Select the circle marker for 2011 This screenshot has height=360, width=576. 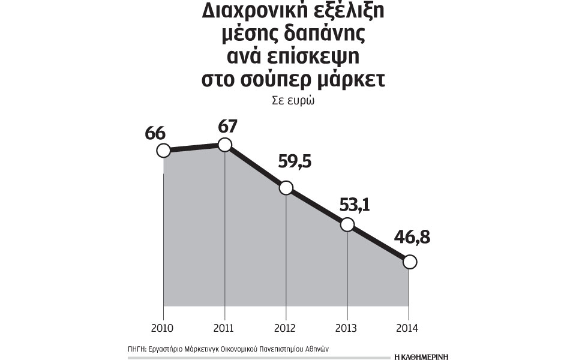pyautogui.click(x=224, y=145)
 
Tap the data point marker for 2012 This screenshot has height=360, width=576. pyautogui.click(x=286, y=188)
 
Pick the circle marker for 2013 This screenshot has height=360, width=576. pyautogui.click(x=347, y=225)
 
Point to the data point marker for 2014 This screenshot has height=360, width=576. pyautogui.click(x=409, y=262)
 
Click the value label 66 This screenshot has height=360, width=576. pyautogui.click(x=155, y=133)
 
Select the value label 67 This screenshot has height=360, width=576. pyautogui.click(x=228, y=127)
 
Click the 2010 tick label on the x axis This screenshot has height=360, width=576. pyautogui.click(x=163, y=328)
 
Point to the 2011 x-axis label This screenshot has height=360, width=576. pyautogui.click(x=224, y=328)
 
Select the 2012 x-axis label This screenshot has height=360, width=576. pyautogui.click(x=286, y=328)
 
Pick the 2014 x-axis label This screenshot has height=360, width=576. pyautogui.click(x=409, y=328)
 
